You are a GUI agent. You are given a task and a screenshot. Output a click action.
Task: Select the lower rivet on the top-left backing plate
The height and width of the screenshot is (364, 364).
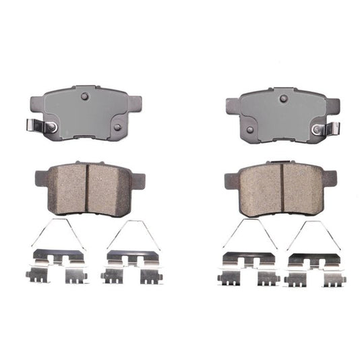[x=116, y=126]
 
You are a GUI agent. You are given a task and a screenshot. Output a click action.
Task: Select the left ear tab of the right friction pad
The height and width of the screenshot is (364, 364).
[x=229, y=180]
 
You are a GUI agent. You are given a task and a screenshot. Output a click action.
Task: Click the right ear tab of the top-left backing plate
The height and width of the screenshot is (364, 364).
[x=135, y=102]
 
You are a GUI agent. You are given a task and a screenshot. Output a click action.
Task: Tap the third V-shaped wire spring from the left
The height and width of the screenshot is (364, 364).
[x=249, y=233]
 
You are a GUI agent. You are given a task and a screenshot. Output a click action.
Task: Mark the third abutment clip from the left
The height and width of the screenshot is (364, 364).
[x=248, y=268]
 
